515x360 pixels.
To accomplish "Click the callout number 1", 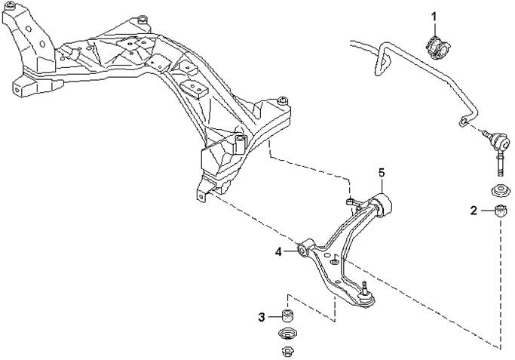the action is pyautogui.click(x=434, y=17).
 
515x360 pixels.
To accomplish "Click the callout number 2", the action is pyautogui.click(x=474, y=211).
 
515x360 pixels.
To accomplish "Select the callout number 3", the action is pyautogui.click(x=262, y=317).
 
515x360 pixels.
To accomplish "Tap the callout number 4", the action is pyautogui.click(x=278, y=252).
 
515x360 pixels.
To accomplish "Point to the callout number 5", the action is pyautogui.click(x=382, y=173).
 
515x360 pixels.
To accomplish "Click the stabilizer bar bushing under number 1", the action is pyautogui.click(x=439, y=48).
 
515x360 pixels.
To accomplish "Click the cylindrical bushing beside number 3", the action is pyautogui.click(x=288, y=315).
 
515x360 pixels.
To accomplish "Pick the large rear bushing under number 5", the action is pyautogui.click(x=382, y=205).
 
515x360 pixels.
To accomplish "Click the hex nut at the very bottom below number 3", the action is pyautogui.click(x=288, y=352).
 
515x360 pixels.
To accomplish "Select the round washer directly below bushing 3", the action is pyautogui.click(x=288, y=334).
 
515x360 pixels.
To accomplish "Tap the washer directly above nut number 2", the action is pyautogui.click(x=500, y=192).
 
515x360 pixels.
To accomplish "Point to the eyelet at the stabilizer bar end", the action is pyautogui.click(x=462, y=122).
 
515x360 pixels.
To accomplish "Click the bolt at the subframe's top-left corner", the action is pyautogui.click(x=11, y=5).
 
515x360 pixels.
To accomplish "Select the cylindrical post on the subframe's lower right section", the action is pyautogui.click(x=241, y=143).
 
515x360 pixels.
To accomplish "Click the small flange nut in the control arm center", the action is pyautogui.click(x=334, y=261).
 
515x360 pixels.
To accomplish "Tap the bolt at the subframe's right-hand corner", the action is pyautogui.click(x=282, y=100).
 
